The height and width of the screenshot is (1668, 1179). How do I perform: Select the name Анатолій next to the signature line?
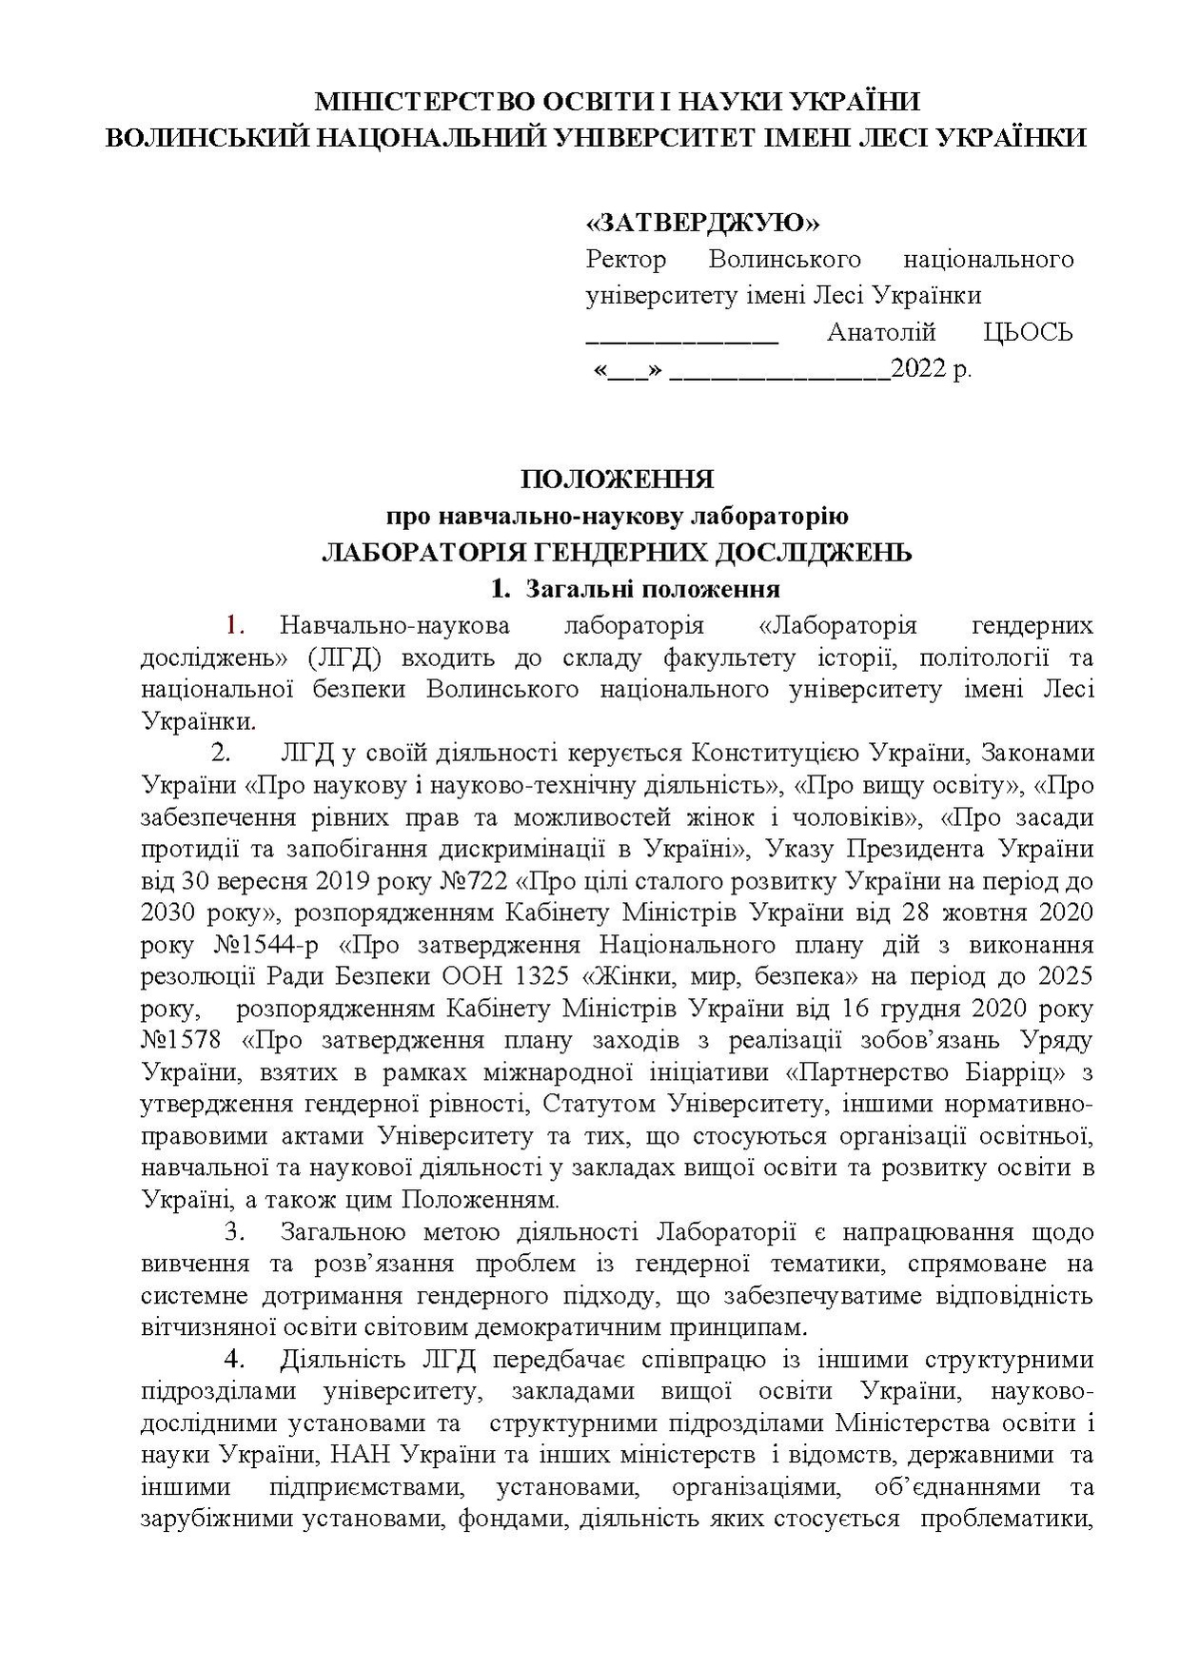pyautogui.click(x=881, y=332)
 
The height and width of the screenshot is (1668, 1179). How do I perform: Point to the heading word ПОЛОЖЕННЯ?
pyautogui.click(x=617, y=478)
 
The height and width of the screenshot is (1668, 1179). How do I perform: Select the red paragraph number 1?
pyautogui.click(x=235, y=625)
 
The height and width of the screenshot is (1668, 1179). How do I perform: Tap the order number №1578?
pyautogui.click(x=181, y=1041)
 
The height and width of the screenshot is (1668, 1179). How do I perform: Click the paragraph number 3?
pyautogui.click(x=234, y=1231)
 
